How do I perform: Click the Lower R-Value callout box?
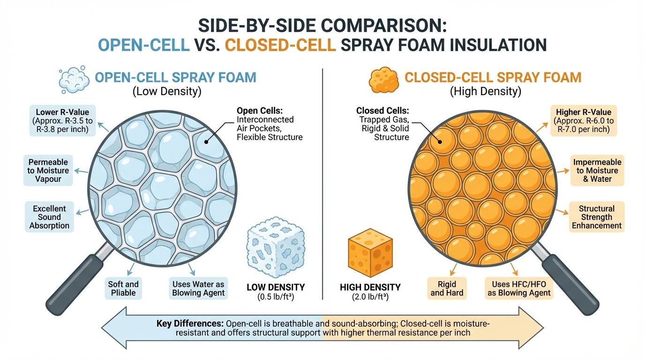click(x=62, y=120)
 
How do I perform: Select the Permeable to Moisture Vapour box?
click(x=48, y=171)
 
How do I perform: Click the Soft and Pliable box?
click(x=124, y=288)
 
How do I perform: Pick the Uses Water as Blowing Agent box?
click(x=198, y=288)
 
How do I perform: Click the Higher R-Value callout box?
click(x=584, y=120)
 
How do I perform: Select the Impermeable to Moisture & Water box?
click(x=597, y=171)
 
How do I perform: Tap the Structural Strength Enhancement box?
click(x=596, y=217)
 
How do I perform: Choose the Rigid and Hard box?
click(x=446, y=288)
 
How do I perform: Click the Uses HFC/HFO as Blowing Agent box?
click(x=519, y=288)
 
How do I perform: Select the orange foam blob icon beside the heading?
click(x=383, y=79)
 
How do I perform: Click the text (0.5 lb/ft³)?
click(x=276, y=297)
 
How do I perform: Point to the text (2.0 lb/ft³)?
click(x=370, y=297)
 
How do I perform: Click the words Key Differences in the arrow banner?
click(x=190, y=324)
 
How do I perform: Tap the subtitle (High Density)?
click(x=485, y=91)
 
